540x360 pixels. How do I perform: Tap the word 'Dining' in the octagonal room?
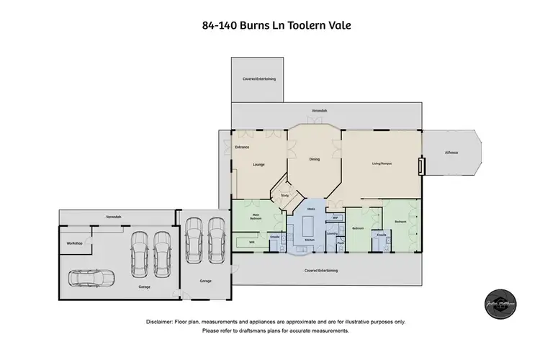tap(314, 159)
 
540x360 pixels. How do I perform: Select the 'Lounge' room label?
tap(258, 164)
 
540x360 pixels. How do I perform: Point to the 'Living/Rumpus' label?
tap(381, 163)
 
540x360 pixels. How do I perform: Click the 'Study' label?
tap(284, 194)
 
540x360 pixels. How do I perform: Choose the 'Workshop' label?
tap(75, 243)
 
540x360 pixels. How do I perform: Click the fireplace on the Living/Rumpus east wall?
tap(422, 166)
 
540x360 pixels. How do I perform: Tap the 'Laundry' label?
tap(331, 233)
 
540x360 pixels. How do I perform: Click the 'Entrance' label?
tap(242, 148)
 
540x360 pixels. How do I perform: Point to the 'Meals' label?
tap(311, 209)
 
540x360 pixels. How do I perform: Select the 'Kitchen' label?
tap(309, 240)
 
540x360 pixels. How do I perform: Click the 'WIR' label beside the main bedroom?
tap(241, 243)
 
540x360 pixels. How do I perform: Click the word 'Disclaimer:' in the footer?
tap(164, 321)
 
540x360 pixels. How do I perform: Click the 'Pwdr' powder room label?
tap(340, 243)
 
